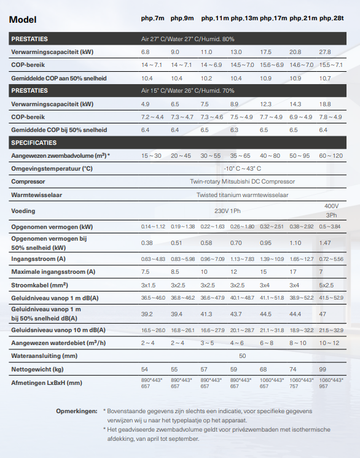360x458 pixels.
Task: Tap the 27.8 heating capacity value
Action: point(325,52)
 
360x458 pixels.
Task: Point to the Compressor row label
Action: point(28,182)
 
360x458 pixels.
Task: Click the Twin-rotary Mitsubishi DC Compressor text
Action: point(243,182)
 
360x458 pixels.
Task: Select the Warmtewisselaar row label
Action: point(37,195)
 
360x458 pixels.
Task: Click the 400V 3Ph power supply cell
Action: point(331,210)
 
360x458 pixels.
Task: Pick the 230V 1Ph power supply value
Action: point(229,211)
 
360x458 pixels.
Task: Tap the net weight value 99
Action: point(323,369)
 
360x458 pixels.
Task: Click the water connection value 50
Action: point(242,355)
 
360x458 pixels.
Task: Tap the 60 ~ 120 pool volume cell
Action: point(331,156)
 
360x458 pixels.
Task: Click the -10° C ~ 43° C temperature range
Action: point(242,168)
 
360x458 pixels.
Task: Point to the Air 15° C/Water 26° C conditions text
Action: point(184,91)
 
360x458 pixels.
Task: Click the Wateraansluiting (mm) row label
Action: point(44,355)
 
